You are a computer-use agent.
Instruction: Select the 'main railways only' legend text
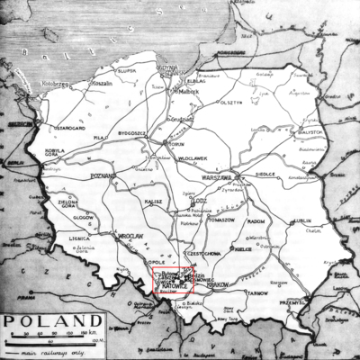point(50,353)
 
